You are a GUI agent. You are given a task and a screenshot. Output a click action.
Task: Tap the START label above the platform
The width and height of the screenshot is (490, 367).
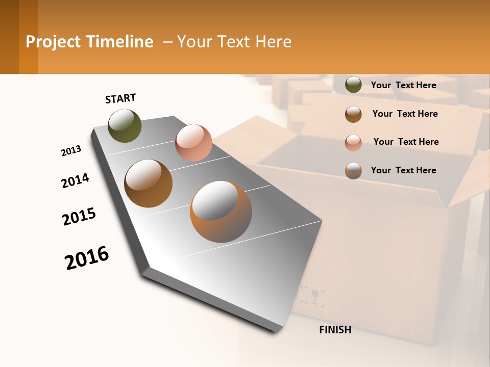tap(120, 98)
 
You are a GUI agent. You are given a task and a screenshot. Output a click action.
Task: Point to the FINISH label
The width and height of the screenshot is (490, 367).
tap(335, 330)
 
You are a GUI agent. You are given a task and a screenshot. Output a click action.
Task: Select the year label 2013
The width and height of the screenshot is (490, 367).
tap(71, 151)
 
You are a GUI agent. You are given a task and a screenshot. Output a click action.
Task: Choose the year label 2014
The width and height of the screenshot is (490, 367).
tap(75, 180)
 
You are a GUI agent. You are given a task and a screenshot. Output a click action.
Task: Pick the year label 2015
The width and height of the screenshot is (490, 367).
tap(79, 216)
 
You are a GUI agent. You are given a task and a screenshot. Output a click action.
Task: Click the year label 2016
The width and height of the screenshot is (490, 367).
tap(87, 258)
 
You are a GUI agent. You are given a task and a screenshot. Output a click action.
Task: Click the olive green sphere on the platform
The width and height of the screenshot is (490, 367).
tap(125, 126)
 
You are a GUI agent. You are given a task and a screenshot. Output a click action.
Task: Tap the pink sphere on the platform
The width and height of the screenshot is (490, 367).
tap(193, 143)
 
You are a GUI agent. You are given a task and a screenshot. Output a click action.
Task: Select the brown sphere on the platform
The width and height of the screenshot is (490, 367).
tap(149, 183)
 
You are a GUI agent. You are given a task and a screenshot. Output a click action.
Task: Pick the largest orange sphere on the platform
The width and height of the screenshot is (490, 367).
tap(221, 212)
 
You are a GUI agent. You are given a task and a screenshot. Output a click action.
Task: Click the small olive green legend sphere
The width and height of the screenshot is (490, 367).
tap(353, 85)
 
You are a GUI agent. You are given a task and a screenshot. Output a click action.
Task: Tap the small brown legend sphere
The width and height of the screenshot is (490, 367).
tap(353, 114)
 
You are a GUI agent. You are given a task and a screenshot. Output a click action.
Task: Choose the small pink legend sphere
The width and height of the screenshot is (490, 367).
tap(353, 143)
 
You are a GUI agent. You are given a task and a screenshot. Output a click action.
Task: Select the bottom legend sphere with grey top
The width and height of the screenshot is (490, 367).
tap(353, 171)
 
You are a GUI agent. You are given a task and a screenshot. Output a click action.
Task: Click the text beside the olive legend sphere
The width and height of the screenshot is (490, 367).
tap(403, 85)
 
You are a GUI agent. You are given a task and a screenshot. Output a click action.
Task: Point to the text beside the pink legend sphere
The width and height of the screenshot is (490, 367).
tap(406, 142)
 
